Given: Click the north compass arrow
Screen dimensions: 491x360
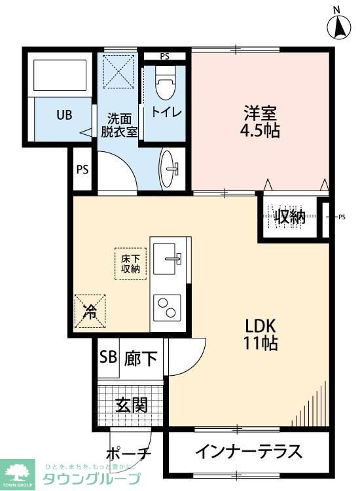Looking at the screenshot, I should (340, 26).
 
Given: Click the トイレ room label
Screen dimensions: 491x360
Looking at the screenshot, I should (166, 111).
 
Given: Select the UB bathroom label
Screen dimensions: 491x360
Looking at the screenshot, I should (63, 116).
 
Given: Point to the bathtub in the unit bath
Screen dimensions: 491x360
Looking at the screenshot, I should (60, 76).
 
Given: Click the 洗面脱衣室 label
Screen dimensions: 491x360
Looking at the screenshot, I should (119, 125).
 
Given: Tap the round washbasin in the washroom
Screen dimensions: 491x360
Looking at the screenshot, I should (172, 168).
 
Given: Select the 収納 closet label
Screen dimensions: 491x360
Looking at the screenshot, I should (289, 217).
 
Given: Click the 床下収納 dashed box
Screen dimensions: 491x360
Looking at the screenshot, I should (130, 263).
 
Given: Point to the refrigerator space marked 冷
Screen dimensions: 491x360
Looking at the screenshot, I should (90, 310).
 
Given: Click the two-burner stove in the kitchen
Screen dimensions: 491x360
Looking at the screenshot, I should (168, 306).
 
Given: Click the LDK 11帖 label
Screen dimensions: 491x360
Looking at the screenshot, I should (262, 333).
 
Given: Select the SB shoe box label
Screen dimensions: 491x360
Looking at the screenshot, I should (107, 358).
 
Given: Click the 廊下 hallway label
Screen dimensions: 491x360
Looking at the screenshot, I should (140, 359).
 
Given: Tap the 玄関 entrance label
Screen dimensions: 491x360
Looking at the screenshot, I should (131, 405).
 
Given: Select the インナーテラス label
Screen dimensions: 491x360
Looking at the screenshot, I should (249, 452).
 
